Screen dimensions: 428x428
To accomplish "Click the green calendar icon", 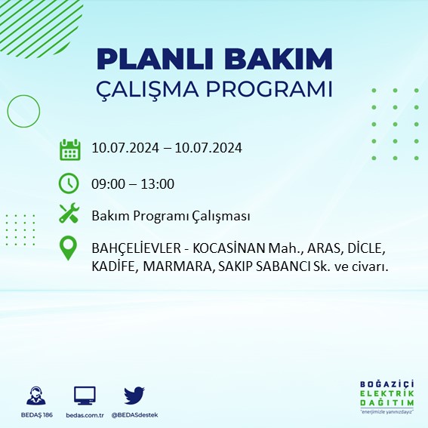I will tap(69, 149).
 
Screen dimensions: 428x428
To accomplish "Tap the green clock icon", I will tap(69, 183).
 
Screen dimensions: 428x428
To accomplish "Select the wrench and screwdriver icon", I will tap(69, 215).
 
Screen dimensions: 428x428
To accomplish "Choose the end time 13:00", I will tap(159, 183).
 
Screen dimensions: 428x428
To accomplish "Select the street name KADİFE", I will tap(114, 266).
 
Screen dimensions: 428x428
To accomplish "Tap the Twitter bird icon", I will tap(134, 395).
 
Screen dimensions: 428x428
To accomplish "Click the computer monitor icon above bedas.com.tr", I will tap(85, 395).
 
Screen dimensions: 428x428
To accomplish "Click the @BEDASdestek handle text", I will tap(135, 415).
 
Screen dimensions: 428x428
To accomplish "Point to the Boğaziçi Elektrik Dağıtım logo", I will tap(386, 397).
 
